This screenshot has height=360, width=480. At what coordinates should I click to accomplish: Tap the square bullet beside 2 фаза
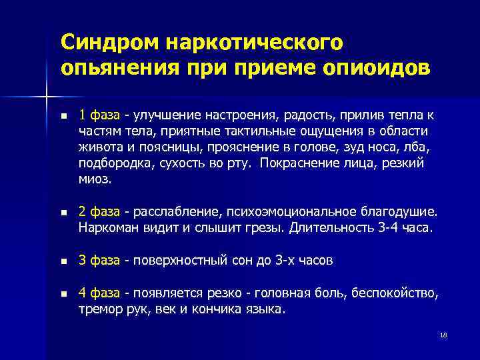tap(63, 213)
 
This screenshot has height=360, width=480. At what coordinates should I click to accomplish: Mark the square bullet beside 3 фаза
tap(63, 261)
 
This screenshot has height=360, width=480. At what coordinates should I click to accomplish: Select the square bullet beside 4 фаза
tap(63, 293)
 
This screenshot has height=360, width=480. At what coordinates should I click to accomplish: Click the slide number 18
tap(443, 334)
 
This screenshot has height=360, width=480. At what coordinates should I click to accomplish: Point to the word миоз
tap(93, 180)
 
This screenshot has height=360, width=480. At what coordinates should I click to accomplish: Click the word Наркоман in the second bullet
tap(106, 228)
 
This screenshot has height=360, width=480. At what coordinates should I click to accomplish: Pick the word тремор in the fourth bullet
tap(98, 308)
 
